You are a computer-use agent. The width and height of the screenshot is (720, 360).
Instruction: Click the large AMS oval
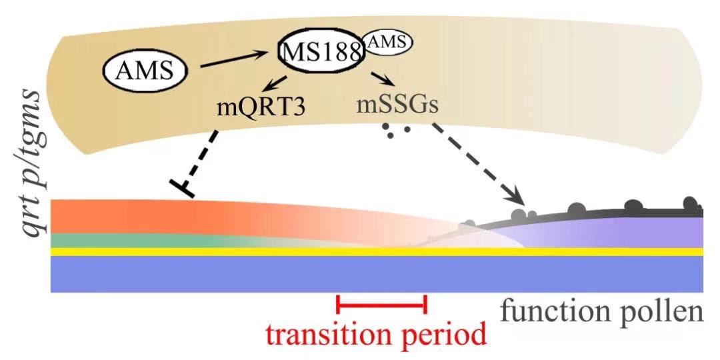tap(144, 69)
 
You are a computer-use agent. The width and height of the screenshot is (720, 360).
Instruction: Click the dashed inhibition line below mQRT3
tap(203, 160)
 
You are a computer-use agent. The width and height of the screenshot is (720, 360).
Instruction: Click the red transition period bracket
tap(381, 305)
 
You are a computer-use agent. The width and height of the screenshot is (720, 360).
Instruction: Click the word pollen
tap(667, 311)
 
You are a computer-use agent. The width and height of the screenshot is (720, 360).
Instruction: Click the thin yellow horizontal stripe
tap(267, 251)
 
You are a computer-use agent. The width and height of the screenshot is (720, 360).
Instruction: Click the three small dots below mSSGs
tap(396, 130)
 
